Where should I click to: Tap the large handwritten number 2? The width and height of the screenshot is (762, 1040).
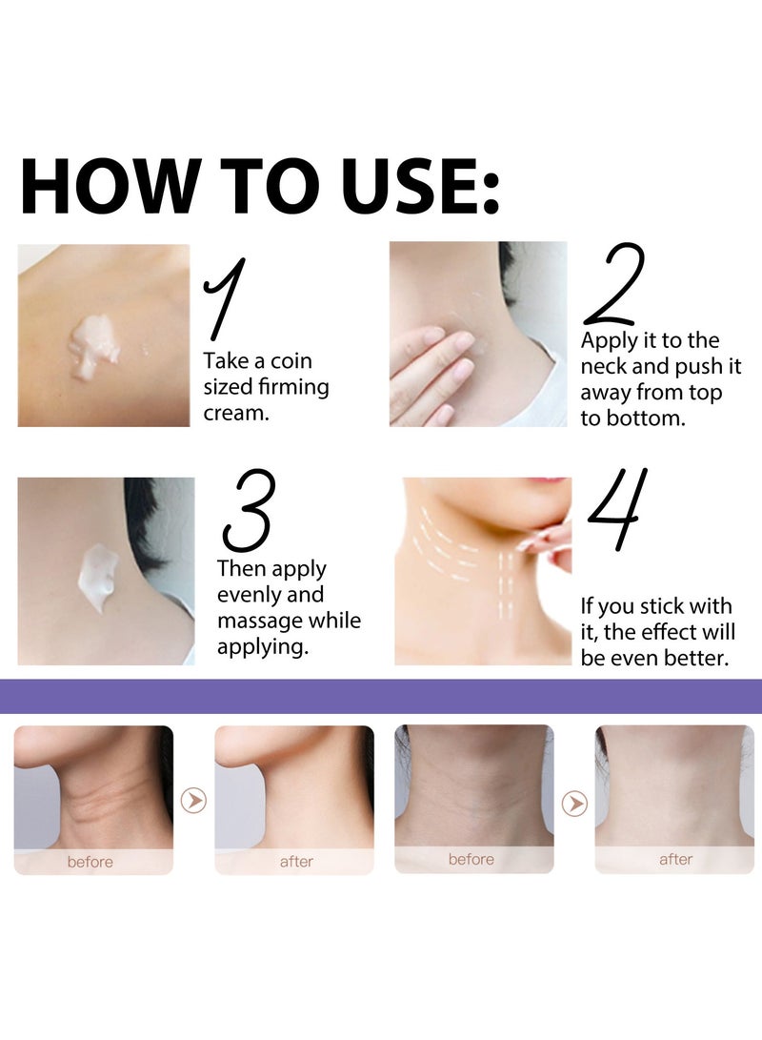615,285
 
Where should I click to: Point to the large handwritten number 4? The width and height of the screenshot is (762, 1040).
618,510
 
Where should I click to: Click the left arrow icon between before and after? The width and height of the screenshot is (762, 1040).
193,801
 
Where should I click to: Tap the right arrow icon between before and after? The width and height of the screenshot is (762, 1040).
574,804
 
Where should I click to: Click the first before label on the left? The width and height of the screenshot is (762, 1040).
90,862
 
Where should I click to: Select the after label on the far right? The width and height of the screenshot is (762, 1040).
675,860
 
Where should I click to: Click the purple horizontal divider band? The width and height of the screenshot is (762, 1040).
381,697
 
